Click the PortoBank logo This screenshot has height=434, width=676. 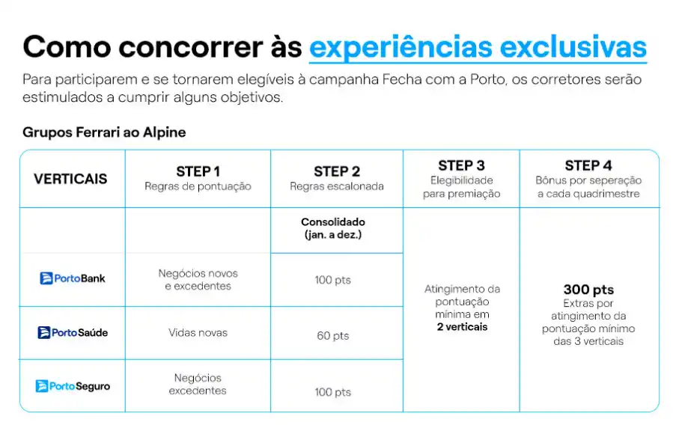(73, 278)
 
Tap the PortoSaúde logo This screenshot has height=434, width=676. (73, 333)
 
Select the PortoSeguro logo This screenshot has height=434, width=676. (73, 386)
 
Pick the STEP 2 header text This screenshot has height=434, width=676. (337, 171)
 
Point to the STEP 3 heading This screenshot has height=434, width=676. (461, 165)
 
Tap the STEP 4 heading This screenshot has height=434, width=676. (588, 165)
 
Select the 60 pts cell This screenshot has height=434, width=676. (333, 336)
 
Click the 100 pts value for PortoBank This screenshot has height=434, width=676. (333, 280)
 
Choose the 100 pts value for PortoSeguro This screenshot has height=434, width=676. (333, 392)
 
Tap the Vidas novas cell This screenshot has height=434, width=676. (198, 333)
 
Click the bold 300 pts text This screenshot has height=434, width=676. (588, 290)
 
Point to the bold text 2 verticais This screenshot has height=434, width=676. (462, 327)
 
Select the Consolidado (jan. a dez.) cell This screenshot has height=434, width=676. (333, 228)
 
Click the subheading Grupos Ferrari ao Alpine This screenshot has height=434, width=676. (104, 132)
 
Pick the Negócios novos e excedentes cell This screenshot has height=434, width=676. (198, 280)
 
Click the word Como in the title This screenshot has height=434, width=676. (67, 47)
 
